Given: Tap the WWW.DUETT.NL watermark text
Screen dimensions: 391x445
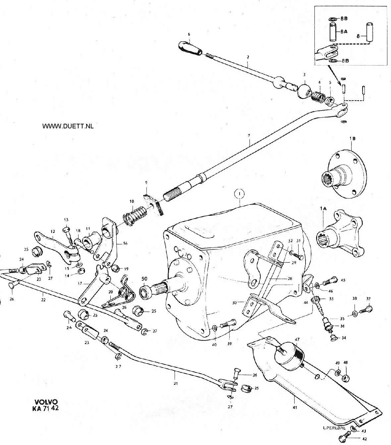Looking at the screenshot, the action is click(68, 126).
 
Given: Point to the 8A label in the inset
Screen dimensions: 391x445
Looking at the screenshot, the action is click(344, 32).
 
